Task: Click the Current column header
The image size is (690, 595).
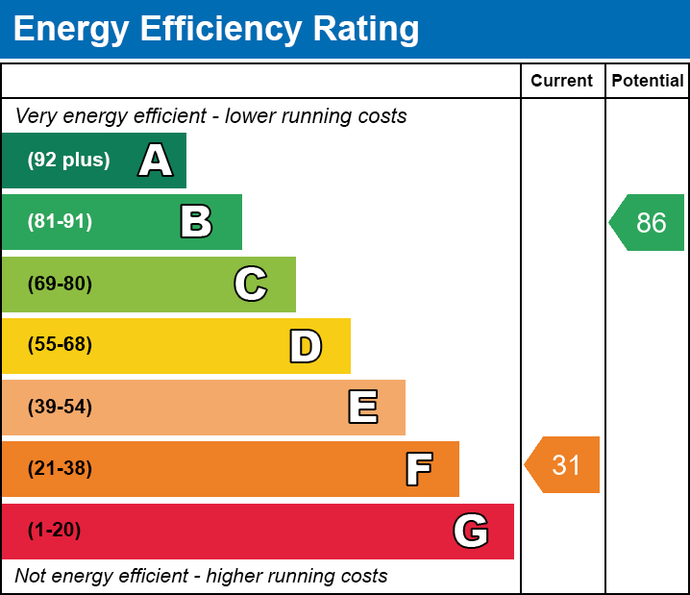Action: (x=561, y=81)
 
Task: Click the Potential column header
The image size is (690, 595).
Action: (x=648, y=81)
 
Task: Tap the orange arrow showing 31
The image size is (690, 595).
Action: (x=562, y=464)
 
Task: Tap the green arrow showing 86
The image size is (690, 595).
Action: (x=647, y=222)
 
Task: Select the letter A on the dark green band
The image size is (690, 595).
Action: (x=156, y=160)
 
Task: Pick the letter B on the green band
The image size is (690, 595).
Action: (x=196, y=221)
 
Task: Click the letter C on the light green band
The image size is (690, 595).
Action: (x=251, y=284)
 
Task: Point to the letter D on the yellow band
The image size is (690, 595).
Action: (x=306, y=346)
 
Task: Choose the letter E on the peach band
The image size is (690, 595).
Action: (x=363, y=407)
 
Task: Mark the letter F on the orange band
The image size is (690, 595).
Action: (x=419, y=469)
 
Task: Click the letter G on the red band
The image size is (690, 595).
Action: (x=471, y=531)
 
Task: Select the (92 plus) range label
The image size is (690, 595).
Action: (x=68, y=160)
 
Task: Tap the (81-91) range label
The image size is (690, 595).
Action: (x=60, y=221)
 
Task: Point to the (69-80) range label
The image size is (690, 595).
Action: (x=60, y=284)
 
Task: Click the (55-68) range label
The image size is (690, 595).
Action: (x=60, y=344)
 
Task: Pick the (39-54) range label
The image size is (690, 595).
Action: (x=60, y=408)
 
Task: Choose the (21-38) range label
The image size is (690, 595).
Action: (x=60, y=469)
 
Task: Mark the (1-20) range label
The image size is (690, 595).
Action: (x=54, y=531)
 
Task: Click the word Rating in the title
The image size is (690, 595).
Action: (x=366, y=30)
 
